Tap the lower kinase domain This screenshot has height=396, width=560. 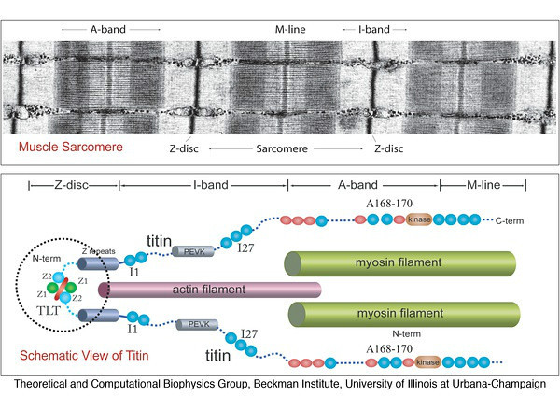tap(427, 361)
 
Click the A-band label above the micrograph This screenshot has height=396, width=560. tap(110, 30)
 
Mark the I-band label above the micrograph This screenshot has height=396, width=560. tap(373, 30)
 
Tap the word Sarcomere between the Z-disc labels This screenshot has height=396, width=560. tap(283, 148)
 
